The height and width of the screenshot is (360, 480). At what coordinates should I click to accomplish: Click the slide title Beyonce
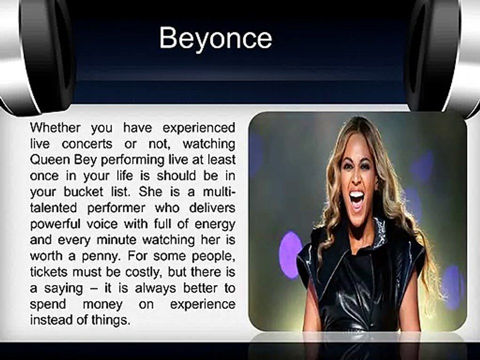click(215, 38)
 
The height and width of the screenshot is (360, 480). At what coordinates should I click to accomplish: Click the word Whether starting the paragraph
click(55, 127)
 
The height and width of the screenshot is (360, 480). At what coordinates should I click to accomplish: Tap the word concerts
click(87, 143)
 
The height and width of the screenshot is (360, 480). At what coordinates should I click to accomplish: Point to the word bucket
click(83, 191)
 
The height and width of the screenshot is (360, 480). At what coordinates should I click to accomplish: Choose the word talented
click(53, 208)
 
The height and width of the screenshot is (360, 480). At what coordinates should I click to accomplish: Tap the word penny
click(100, 256)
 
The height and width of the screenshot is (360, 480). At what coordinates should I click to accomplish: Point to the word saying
click(63, 289)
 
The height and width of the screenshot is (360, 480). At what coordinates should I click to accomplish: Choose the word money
click(103, 305)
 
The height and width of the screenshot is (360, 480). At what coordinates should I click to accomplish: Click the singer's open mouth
click(356, 199)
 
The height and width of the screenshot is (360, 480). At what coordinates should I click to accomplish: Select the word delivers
click(212, 208)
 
